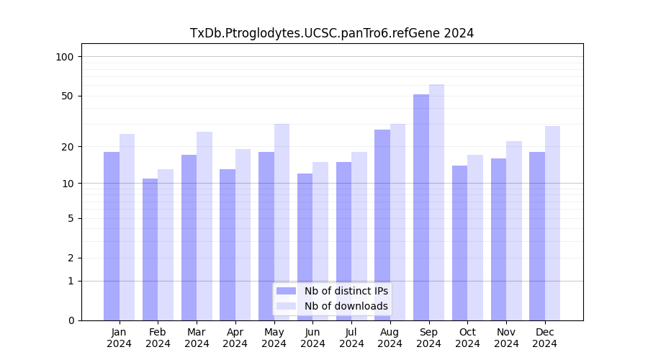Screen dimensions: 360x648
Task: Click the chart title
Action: click(332, 33)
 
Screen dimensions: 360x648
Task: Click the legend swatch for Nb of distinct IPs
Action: click(286, 291)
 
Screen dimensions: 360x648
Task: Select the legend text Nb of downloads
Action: click(346, 306)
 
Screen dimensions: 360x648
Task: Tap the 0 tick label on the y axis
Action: click(71, 320)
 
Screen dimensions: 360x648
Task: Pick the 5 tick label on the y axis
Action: click(71, 218)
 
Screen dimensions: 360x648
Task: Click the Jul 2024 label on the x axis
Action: click(351, 338)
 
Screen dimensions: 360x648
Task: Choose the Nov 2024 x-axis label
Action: click(506, 338)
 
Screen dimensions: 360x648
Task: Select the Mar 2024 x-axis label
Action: click(197, 338)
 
